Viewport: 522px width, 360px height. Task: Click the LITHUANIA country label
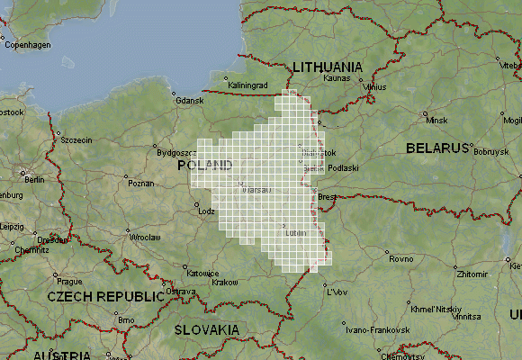pyautogui.click(x=328, y=67)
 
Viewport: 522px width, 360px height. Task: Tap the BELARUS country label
pyautogui.click(x=438, y=147)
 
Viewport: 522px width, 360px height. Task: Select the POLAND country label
pyautogui.click(x=205, y=166)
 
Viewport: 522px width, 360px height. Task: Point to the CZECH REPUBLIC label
pyautogui.click(x=106, y=295)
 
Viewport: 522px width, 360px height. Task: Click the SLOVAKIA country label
pyautogui.click(x=207, y=329)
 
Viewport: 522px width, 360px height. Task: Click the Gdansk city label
pyautogui.click(x=190, y=102)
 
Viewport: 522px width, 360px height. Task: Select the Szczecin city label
pyautogui.click(x=76, y=139)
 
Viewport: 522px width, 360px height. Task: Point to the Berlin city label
pyautogui.click(x=35, y=179)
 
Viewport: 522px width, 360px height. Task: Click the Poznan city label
pyautogui.click(x=141, y=183)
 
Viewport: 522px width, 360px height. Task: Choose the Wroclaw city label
pyautogui.click(x=143, y=237)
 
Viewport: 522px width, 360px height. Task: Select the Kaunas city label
pyautogui.click(x=336, y=78)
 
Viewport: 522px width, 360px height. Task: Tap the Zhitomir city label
pyautogui.click(x=472, y=273)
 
